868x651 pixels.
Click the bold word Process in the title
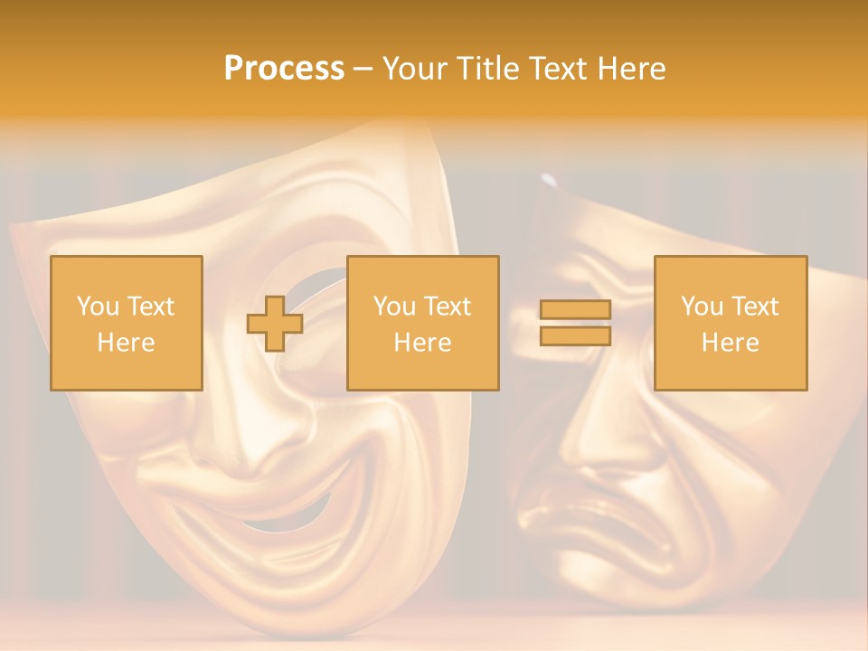tap(284, 69)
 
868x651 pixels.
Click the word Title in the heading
tap(488, 69)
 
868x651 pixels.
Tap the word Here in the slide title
tap(630, 69)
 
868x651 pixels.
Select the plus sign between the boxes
tap(275, 324)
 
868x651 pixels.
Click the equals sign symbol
tap(575, 323)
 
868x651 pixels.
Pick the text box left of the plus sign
tap(127, 324)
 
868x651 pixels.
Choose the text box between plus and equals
tap(422, 324)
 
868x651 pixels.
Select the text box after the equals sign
tap(730, 324)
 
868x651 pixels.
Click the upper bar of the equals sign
tap(575, 310)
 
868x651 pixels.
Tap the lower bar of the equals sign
tap(575, 335)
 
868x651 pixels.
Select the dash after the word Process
tap(363, 69)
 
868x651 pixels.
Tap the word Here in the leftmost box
tap(127, 343)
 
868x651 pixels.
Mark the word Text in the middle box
tap(448, 307)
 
